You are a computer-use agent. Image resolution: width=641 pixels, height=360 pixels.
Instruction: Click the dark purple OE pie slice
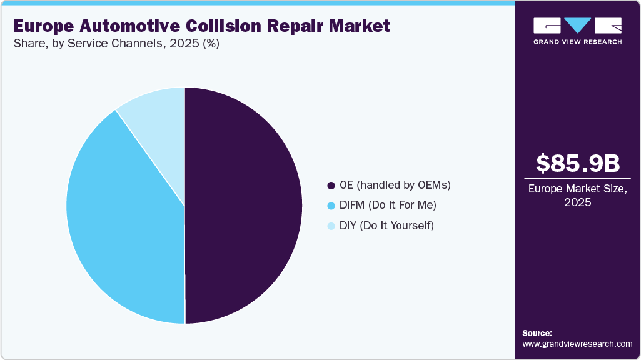(244, 206)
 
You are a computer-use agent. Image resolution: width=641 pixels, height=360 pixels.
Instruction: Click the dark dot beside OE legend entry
(331, 186)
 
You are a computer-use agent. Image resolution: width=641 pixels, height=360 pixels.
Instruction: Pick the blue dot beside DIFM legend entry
(331, 206)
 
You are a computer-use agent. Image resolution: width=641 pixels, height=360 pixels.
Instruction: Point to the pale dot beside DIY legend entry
(331, 226)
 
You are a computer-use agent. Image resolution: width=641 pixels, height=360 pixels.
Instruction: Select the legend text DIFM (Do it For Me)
(388, 205)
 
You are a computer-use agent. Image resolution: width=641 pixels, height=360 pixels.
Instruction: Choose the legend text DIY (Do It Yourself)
(386, 225)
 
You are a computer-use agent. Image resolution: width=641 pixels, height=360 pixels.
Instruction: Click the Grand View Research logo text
(577, 42)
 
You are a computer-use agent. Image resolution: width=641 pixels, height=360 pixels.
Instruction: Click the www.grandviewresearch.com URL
(577, 344)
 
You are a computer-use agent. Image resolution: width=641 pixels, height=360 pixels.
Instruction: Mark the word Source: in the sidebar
(537, 333)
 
